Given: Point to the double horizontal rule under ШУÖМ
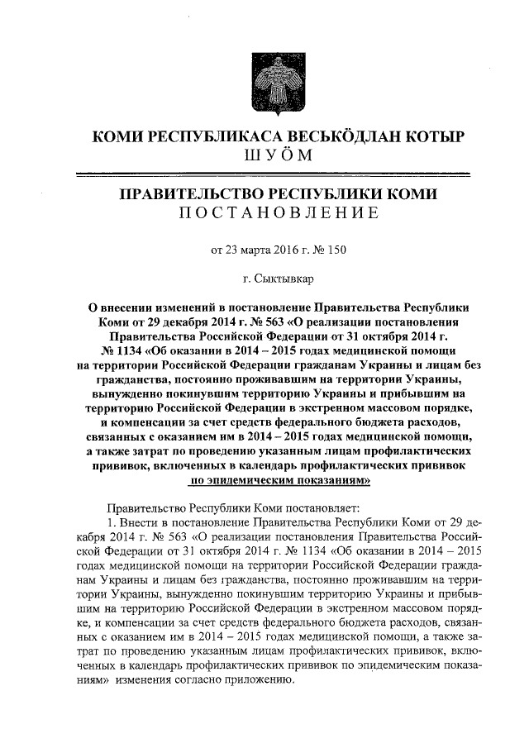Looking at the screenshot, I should tap(272, 174).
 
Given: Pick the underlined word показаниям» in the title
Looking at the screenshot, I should tap(333, 482).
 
